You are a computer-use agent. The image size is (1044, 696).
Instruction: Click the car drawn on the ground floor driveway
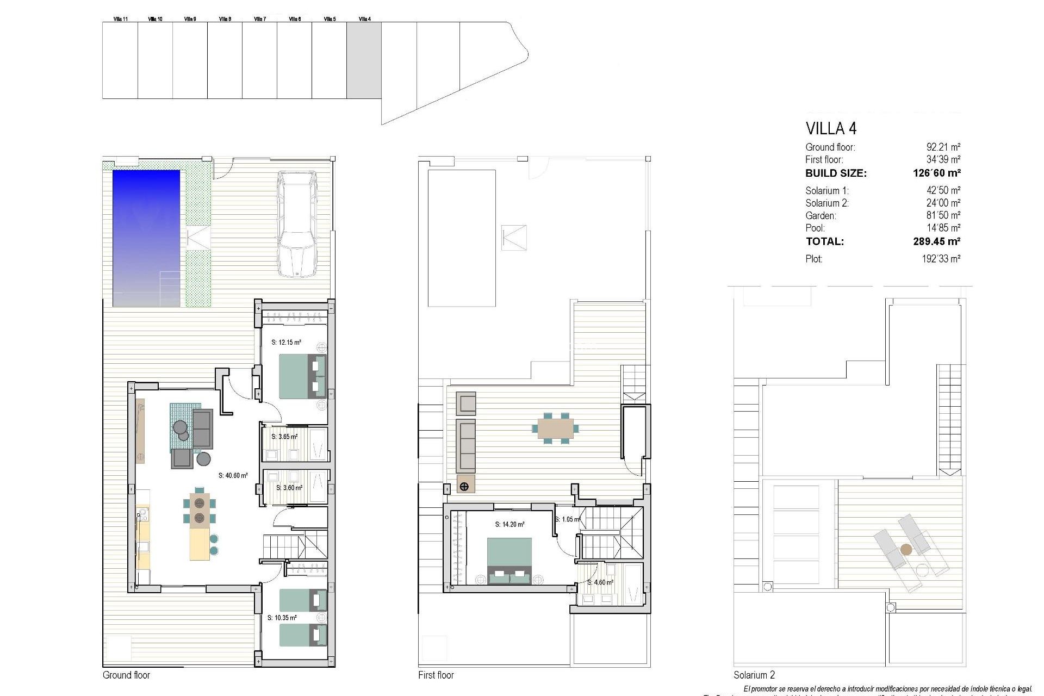296,224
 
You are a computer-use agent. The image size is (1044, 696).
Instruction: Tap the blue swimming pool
146,238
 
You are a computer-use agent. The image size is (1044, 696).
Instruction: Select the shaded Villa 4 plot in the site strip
364,60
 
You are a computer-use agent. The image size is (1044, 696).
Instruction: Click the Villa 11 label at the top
121,19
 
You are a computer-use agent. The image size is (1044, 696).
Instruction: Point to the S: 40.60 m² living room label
233,475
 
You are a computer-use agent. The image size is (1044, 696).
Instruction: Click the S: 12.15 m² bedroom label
286,343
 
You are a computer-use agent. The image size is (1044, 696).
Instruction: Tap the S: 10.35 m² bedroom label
282,618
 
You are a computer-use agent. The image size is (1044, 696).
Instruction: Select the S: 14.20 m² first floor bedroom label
509,525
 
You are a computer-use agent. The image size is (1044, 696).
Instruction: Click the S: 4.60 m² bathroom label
600,582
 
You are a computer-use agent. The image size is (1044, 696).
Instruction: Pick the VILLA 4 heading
830,129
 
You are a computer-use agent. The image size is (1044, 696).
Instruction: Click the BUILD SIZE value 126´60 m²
936,173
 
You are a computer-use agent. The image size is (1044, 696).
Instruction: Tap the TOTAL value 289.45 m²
936,241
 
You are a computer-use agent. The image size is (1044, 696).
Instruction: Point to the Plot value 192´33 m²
941,259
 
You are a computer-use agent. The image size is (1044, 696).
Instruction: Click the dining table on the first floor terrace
555,428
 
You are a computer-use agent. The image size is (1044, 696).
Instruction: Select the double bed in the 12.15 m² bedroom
302,376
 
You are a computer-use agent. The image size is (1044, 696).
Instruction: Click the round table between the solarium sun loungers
906,550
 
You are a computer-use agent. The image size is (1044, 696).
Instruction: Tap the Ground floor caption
126,675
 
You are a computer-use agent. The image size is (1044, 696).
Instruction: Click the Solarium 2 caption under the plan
754,675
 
